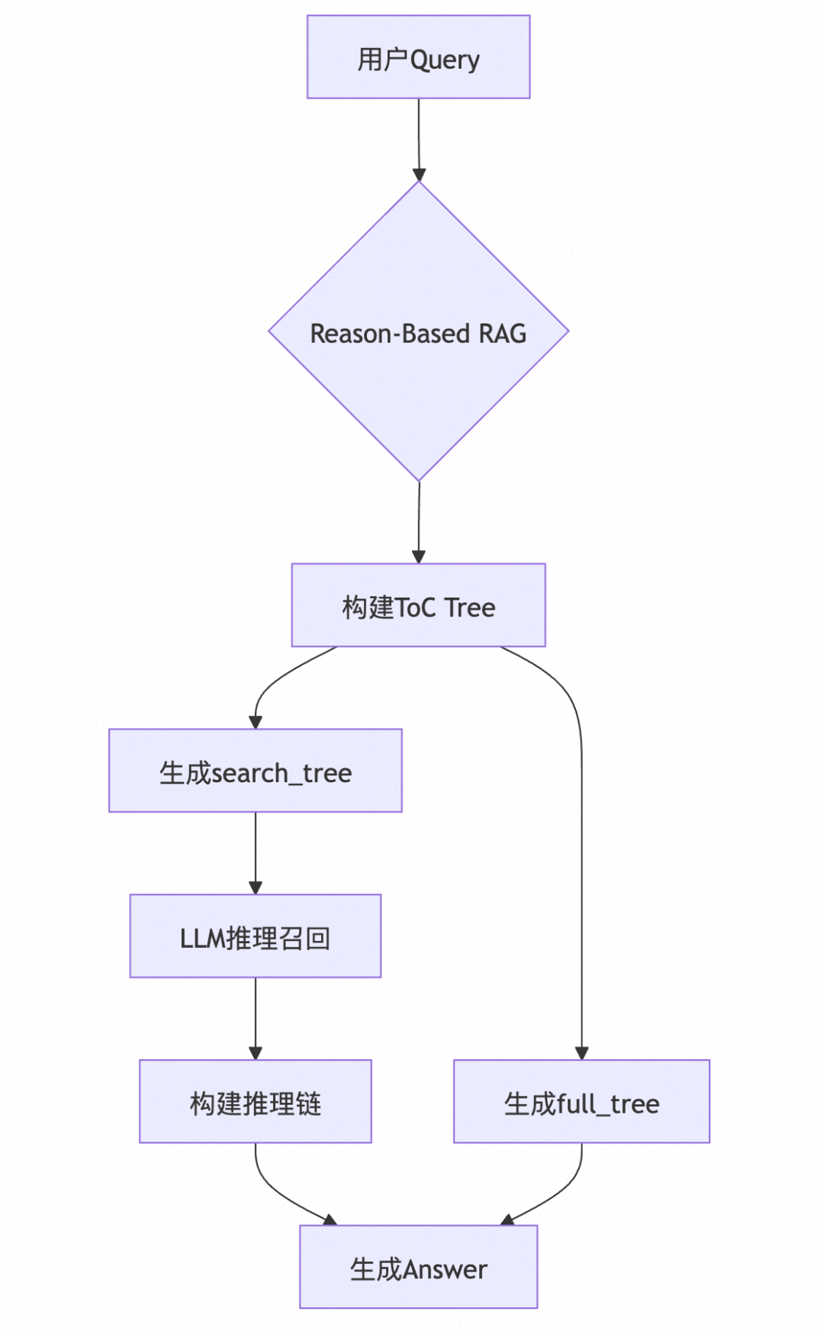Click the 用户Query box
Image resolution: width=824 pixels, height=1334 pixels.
pyautogui.click(x=418, y=57)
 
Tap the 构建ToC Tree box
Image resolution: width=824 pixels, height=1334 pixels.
pyautogui.click(x=418, y=605)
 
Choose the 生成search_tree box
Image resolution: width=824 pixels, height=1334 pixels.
pyautogui.click(x=255, y=771)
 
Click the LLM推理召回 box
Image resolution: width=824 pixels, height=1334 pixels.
pyautogui.click(x=255, y=936)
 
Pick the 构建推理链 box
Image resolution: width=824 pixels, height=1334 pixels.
pyautogui.click(x=255, y=1101)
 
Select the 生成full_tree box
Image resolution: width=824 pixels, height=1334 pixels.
pyautogui.click(x=581, y=1101)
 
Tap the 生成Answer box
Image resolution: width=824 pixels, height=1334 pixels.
pyautogui.click(x=418, y=1267)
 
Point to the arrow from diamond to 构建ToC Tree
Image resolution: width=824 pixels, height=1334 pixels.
pyautogui.click(x=418, y=523)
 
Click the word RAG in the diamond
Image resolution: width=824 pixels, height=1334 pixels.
pyautogui.click(x=502, y=333)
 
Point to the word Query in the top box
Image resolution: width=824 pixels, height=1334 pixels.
pyautogui.click(x=445, y=60)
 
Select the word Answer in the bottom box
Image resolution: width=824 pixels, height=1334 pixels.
pyautogui.click(x=445, y=1270)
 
